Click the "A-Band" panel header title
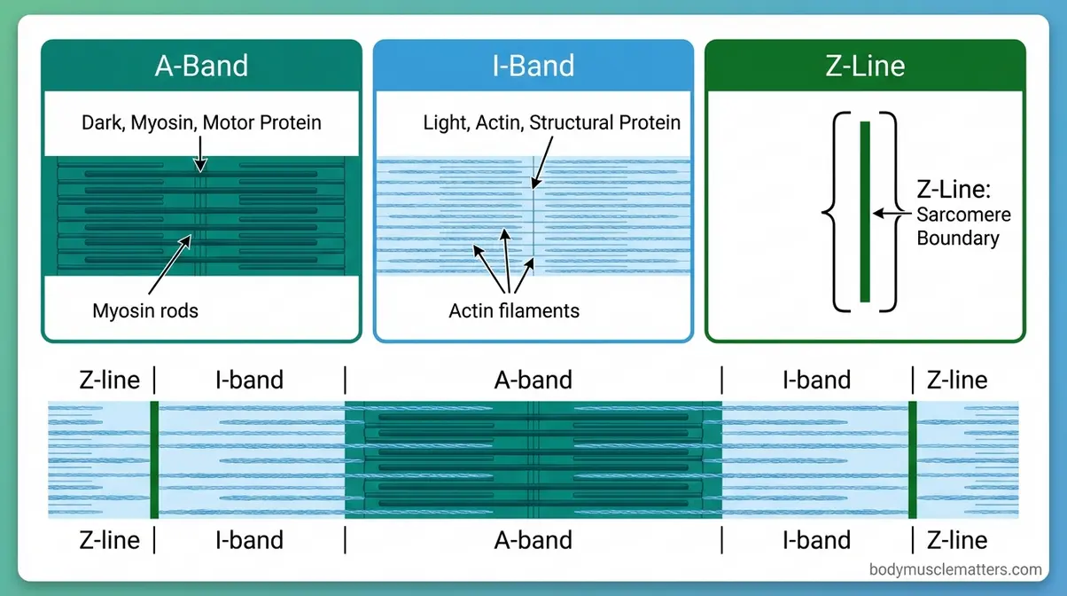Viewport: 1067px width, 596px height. coord(201,66)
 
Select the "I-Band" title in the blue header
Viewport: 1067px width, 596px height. coord(533,66)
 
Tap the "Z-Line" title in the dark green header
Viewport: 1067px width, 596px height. coord(864,66)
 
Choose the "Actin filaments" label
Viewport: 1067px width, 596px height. coord(514,310)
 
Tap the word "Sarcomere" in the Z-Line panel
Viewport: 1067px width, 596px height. coord(963,215)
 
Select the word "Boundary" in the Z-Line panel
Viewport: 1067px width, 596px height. coord(957,238)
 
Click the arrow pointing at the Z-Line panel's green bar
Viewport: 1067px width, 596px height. coord(891,214)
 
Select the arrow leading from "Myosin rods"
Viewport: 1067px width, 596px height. coord(167,266)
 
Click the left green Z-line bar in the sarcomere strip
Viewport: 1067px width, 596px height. coord(154,459)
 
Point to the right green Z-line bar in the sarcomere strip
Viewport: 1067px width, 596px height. coord(913,459)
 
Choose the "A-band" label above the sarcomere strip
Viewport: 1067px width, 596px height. coord(533,380)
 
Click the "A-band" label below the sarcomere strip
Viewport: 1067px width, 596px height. coord(533,539)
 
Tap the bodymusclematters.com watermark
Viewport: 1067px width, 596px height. coord(955,569)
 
